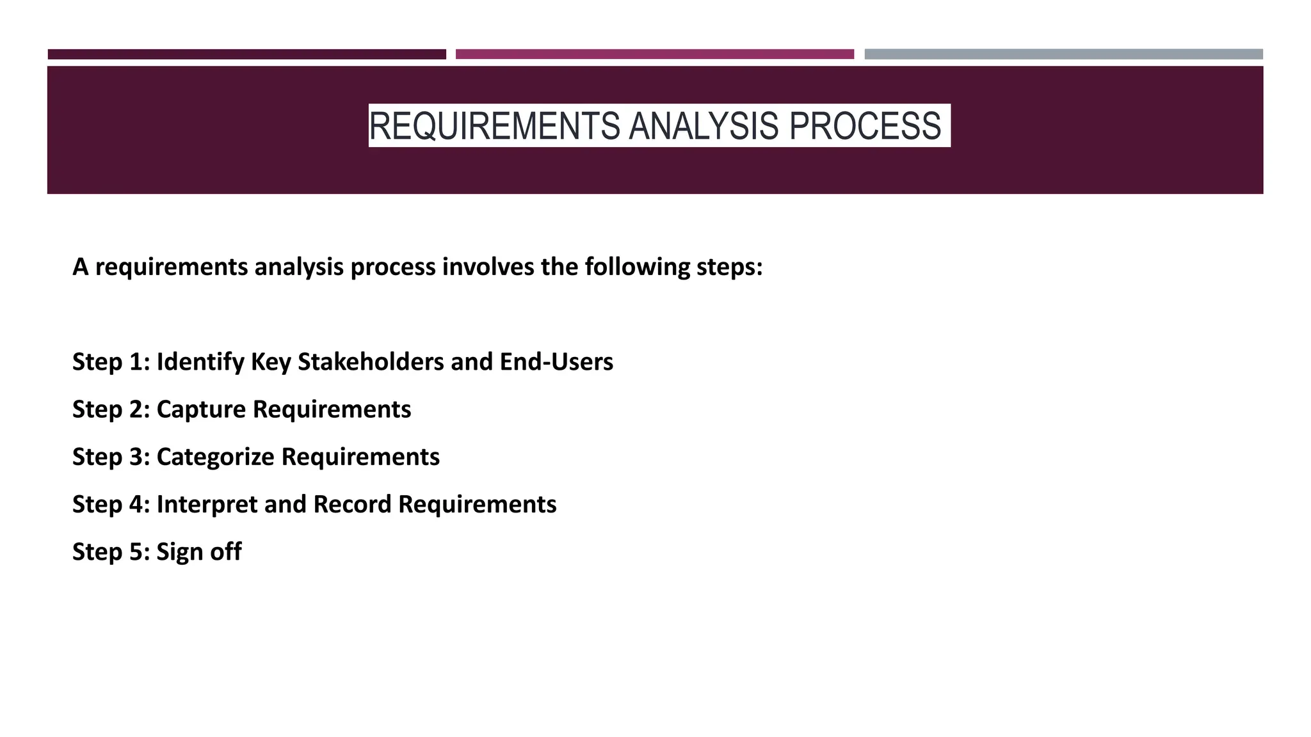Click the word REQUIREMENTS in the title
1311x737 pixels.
tap(494, 126)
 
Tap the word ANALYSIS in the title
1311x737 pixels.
tap(704, 126)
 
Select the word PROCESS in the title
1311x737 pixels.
tap(865, 126)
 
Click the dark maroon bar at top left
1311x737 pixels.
tap(246, 54)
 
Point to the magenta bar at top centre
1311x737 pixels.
tap(654, 54)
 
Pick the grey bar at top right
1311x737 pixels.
tap(1063, 54)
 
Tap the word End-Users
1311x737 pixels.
tap(556, 362)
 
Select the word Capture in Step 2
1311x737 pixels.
tap(201, 409)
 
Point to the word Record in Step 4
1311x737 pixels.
tap(351, 505)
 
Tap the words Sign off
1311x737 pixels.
tap(198, 552)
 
